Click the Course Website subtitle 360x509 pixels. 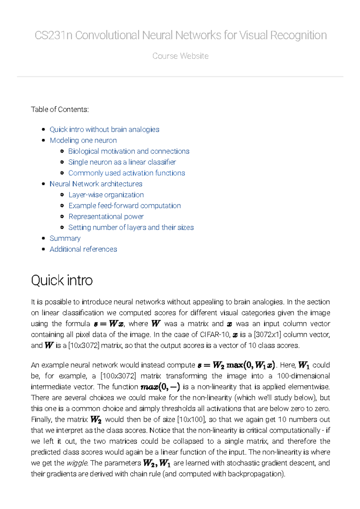point(180,56)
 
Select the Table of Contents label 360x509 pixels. point(60,109)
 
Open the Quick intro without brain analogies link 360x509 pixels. point(104,129)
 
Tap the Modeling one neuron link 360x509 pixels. point(83,140)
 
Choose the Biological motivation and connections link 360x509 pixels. point(129,151)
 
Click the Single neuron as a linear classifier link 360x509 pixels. point(122,162)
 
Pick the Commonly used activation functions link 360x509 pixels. point(127,173)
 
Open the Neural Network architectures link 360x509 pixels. point(96,184)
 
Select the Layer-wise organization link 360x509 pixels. point(106,195)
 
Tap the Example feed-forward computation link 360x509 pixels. point(124,206)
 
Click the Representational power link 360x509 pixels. point(106,216)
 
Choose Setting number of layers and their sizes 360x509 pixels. point(131,228)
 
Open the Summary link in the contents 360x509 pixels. point(65,238)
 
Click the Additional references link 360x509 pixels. point(83,249)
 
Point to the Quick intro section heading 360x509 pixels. point(62,280)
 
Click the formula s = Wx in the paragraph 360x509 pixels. point(109,324)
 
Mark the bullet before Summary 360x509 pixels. point(43,238)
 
